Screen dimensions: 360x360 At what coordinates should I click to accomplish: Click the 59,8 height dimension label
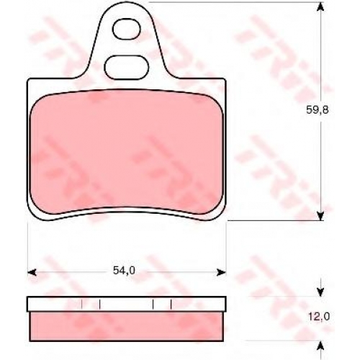(x=317, y=109)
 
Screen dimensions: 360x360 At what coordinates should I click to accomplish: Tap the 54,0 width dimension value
(x=124, y=271)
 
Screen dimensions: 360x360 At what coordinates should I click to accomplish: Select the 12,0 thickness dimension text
(x=319, y=317)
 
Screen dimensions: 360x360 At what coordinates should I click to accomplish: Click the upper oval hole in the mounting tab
(x=126, y=29)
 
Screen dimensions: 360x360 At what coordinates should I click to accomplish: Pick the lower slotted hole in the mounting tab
(x=126, y=67)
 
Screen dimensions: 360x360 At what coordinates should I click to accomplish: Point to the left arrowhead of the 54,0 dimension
(x=32, y=272)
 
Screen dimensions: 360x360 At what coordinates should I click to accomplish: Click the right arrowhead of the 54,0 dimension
(x=222, y=272)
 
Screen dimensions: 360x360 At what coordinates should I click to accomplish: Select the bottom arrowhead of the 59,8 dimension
(x=320, y=215)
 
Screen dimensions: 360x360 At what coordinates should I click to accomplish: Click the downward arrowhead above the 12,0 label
(x=320, y=292)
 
